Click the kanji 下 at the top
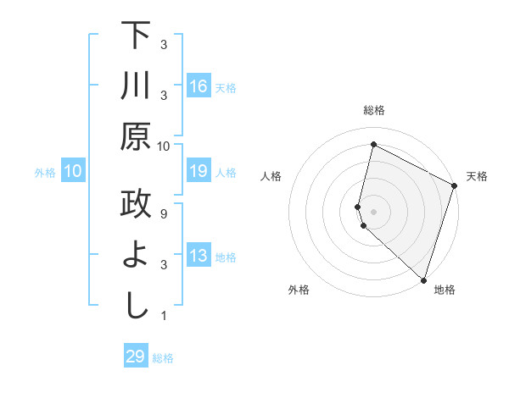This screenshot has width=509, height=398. pos(136,36)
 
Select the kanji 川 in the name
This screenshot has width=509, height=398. pos(136,86)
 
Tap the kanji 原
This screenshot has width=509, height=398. pos(136,137)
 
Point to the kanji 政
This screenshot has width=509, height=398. pos(136,205)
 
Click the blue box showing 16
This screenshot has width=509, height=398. pos(199,87)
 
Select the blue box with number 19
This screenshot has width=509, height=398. pos(199,172)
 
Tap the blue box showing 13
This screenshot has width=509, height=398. pos(199,257)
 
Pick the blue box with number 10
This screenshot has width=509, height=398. pos(73,172)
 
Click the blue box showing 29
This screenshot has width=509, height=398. pos(136,357)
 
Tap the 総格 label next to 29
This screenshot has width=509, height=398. pos(163,358)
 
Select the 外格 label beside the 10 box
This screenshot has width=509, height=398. pos(45,173)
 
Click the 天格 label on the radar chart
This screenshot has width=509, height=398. pos(477,176)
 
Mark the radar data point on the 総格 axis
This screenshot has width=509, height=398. pos(373,145)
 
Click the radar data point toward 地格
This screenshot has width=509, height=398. pos(423,279)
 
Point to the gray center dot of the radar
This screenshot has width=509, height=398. pos(373,210)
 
